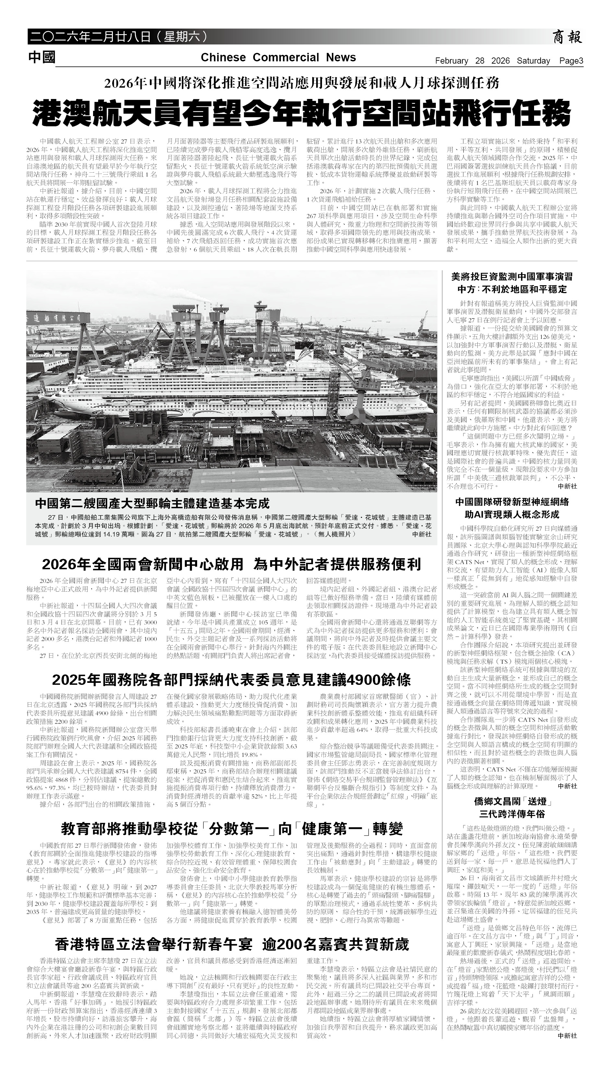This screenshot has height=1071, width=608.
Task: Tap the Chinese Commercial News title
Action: click(278, 58)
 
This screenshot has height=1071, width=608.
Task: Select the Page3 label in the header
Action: click(571, 61)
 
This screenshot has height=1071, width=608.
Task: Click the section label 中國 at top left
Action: click(42, 57)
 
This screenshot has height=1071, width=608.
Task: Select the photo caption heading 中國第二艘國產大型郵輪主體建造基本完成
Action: click(152, 503)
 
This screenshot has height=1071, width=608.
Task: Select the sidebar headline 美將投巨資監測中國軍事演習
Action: click(512, 277)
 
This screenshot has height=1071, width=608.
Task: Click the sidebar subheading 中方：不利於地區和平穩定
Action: click(512, 289)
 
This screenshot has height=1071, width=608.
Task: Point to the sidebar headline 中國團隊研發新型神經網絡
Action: click(512, 502)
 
